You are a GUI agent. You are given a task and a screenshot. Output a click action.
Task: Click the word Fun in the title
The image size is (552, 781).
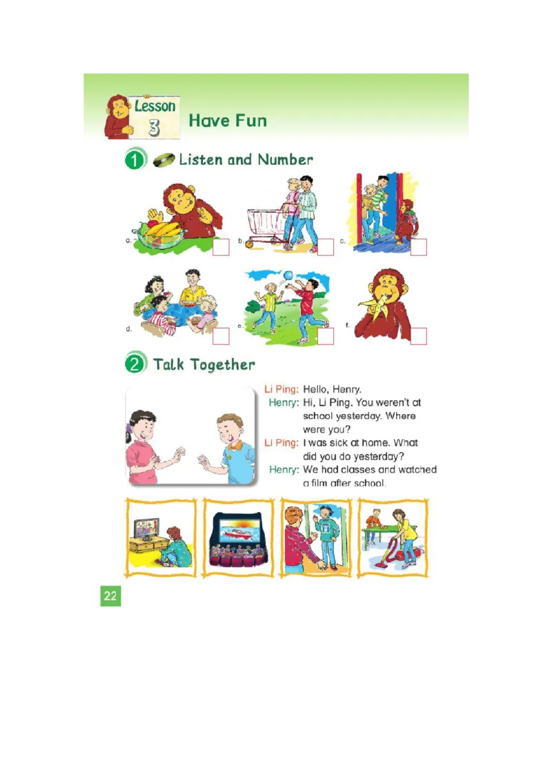248,121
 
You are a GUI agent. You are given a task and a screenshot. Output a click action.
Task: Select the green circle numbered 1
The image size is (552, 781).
135,160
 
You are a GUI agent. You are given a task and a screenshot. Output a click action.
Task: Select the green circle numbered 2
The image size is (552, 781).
135,364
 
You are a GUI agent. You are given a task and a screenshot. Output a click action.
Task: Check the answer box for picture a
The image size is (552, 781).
221,247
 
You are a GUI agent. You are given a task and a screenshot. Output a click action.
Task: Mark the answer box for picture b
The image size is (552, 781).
326,247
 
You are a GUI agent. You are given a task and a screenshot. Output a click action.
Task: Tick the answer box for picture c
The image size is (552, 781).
419,247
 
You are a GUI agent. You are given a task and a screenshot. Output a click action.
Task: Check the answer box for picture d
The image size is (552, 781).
221,336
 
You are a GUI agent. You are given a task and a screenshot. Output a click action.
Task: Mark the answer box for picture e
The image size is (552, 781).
326,336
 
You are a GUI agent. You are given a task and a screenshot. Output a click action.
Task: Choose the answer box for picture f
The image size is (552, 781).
419,336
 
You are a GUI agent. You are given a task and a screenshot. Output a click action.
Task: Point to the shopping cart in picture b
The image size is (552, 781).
266,224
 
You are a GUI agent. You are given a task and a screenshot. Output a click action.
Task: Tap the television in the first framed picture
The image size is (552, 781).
146,530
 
